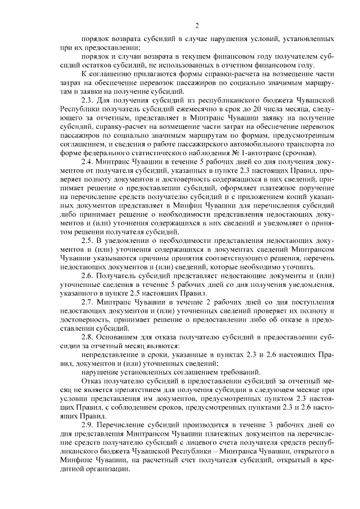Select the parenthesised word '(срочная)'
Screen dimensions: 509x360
(303, 154)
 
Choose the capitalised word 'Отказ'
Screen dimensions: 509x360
(92, 380)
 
